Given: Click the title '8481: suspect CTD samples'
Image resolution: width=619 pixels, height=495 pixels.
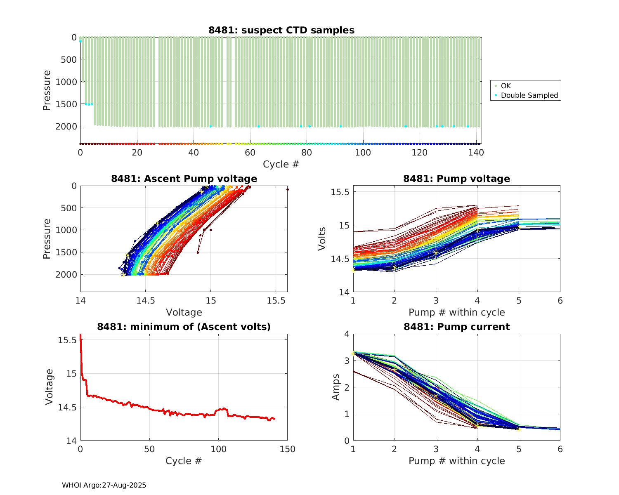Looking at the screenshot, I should [x=281, y=30].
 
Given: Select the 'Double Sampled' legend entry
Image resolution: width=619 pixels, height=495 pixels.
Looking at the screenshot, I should [x=529, y=95].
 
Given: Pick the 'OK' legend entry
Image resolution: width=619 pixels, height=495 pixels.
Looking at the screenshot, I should [x=506, y=86].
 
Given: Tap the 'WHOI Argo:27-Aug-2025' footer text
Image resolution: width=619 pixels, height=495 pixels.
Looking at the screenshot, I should [x=104, y=485].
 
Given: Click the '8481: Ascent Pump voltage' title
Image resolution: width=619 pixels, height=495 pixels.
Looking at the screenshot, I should [x=184, y=179].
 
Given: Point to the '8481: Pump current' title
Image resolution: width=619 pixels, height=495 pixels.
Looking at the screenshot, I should [x=456, y=327].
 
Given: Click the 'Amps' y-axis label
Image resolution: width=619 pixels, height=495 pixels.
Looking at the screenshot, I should [x=335, y=387].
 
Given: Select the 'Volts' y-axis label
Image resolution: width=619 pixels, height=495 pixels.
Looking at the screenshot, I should [x=322, y=238].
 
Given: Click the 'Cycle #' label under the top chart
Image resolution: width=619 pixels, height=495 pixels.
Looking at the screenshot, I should [x=281, y=164].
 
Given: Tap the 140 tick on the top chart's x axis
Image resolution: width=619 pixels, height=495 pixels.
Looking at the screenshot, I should [x=476, y=152].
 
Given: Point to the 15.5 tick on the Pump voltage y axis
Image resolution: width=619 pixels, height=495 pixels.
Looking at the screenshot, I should [x=340, y=192].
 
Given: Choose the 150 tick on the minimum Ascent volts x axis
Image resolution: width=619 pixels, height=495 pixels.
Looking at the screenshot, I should [x=287, y=449].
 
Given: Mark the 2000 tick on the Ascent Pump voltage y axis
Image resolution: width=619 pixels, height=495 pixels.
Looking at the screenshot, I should [x=66, y=274].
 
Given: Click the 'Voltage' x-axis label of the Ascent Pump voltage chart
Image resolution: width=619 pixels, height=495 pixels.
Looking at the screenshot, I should [x=184, y=312].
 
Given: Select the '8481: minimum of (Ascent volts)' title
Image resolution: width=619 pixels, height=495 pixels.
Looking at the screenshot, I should [x=184, y=327].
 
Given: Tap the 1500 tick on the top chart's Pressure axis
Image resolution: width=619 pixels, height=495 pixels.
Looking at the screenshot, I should [x=66, y=104].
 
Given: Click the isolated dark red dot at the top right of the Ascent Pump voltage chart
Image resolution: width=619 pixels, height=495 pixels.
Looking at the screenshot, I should [x=287, y=189].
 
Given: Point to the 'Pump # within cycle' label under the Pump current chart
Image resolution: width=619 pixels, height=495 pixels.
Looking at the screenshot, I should [x=456, y=461].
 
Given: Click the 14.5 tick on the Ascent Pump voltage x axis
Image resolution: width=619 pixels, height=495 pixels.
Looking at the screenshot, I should [x=145, y=301].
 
